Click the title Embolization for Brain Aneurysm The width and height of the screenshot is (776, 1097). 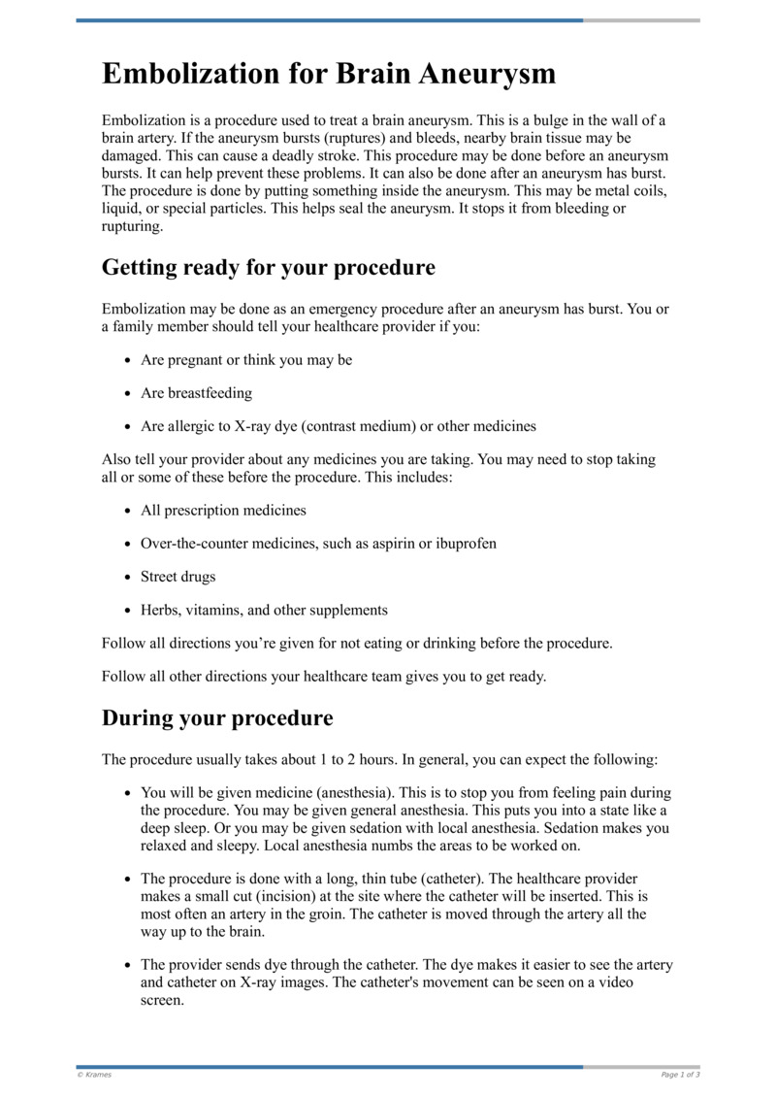click(x=329, y=75)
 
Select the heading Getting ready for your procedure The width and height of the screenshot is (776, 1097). click(x=268, y=267)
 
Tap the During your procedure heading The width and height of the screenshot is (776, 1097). click(x=217, y=718)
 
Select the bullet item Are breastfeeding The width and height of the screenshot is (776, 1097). click(x=196, y=393)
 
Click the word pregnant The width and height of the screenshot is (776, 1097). click(x=194, y=360)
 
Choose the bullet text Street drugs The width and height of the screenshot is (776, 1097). click(x=178, y=577)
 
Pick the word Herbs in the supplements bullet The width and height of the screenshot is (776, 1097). click(x=159, y=610)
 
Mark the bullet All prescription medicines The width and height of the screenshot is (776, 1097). click(x=223, y=511)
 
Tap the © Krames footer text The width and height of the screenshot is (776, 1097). click(x=95, y=1075)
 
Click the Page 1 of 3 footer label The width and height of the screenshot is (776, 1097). click(x=680, y=1075)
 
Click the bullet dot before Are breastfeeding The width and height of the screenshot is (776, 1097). click(x=129, y=394)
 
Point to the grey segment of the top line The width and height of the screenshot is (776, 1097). click(x=641, y=19)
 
